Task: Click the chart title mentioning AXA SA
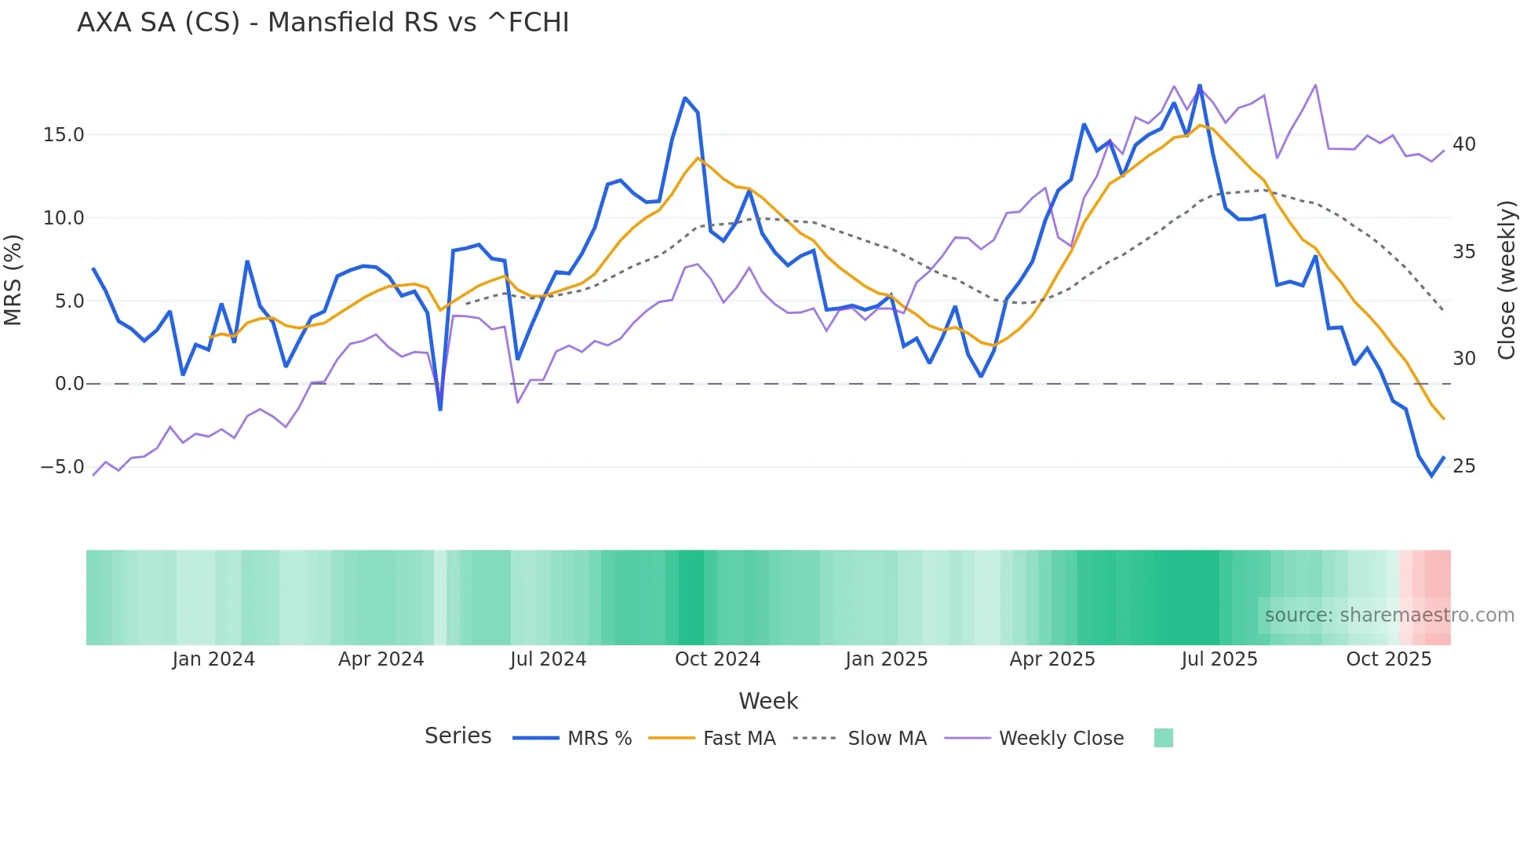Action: point(323,23)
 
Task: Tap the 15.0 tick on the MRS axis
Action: point(64,135)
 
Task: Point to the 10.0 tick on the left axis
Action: point(64,218)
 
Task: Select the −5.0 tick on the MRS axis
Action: point(62,467)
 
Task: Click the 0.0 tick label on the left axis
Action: point(69,384)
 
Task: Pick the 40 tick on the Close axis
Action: point(1463,144)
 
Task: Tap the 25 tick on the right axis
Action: point(1463,466)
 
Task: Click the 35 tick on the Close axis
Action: point(1463,252)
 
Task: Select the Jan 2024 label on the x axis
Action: point(213,659)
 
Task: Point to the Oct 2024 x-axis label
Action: point(717,659)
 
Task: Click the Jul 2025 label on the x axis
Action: point(1219,659)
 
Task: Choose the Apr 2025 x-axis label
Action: point(1051,659)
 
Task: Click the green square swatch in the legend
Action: point(1163,738)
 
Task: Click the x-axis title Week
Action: point(768,701)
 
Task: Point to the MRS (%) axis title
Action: point(13,279)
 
